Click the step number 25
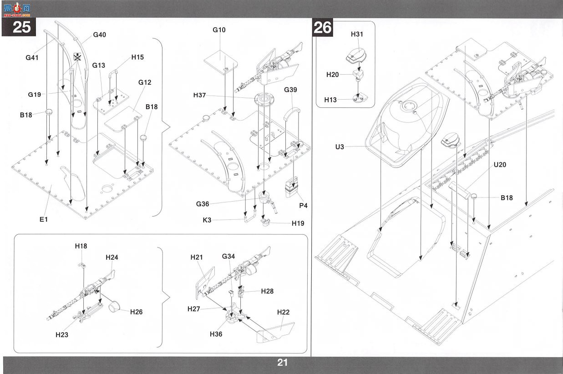(21, 27)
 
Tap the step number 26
(323, 27)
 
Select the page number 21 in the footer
(282, 363)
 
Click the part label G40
(100, 35)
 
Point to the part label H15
(137, 57)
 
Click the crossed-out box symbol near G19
(77, 57)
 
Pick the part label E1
(44, 219)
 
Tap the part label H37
(199, 95)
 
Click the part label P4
(304, 206)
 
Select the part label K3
(207, 220)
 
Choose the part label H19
(298, 223)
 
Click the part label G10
(219, 30)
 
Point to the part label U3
(340, 147)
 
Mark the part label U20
(500, 165)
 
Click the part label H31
(357, 34)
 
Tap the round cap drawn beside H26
(114, 306)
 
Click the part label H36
(216, 334)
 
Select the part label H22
(283, 312)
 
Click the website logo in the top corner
(17, 9)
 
